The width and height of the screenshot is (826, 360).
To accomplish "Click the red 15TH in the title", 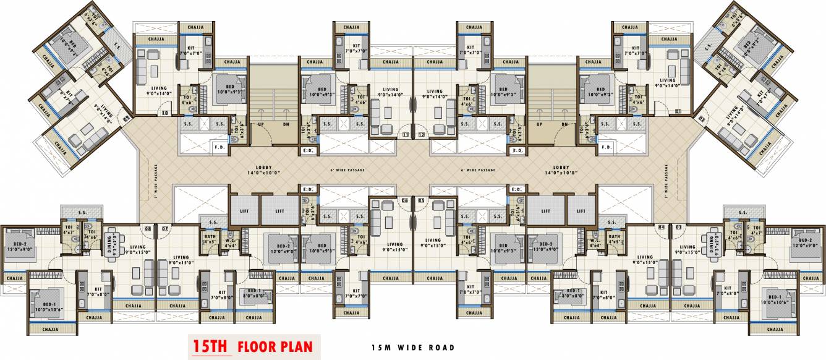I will pos(211,346).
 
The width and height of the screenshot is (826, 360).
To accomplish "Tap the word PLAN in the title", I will pos(299,346).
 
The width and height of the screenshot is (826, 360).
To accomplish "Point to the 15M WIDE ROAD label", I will pos(409,348).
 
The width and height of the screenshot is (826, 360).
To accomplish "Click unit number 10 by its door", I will pos(164,113).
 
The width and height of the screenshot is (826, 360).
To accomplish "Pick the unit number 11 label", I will pos(406,134).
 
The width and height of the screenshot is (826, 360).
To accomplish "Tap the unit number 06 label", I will pos(406,200).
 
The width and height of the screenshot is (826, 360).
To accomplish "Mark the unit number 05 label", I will pos(421,200).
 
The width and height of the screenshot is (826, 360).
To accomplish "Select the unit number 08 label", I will pos(148,229).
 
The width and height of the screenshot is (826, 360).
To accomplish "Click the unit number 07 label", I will pos(164,229).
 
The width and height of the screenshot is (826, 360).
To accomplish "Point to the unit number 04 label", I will pos(662,228).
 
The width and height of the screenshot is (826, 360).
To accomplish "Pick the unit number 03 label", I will pos(678,228).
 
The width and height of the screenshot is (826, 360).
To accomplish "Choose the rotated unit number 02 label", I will pos(701,117).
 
